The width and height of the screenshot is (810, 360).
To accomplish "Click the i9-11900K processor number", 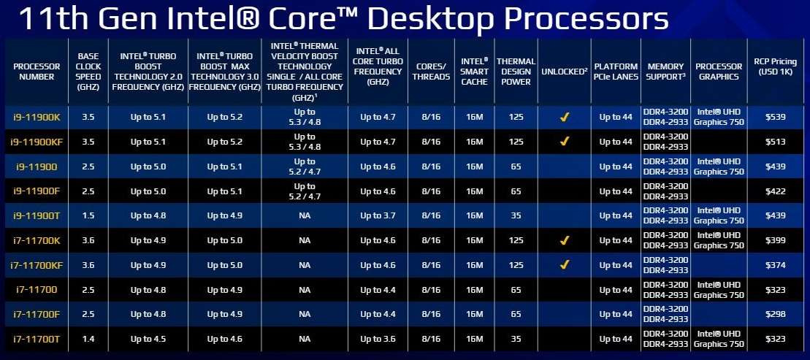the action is pyautogui.click(x=37, y=118).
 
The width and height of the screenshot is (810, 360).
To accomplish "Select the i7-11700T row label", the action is pyautogui.click(x=37, y=339).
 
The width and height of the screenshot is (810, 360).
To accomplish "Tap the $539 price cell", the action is pyautogui.click(x=776, y=118).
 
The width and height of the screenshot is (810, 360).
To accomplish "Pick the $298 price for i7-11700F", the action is pyautogui.click(x=776, y=314).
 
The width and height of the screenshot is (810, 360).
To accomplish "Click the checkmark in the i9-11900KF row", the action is pyautogui.click(x=564, y=142).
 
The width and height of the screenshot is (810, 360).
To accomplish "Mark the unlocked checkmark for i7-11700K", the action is pyautogui.click(x=564, y=240).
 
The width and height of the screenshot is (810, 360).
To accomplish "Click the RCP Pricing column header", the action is pyautogui.click(x=776, y=66).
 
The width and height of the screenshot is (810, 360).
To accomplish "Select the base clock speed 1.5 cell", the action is pyautogui.click(x=88, y=215).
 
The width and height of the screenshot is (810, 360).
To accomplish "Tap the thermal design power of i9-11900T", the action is pyautogui.click(x=516, y=215).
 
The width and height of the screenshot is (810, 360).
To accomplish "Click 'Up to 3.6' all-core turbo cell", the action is pyautogui.click(x=378, y=339).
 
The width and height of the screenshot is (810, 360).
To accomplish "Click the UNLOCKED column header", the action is pyautogui.click(x=564, y=72).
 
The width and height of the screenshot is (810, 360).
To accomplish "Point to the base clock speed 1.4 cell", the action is pyautogui.click(x=88, y=339).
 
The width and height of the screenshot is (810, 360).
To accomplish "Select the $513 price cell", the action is pyautogui.click(x=776, y=142).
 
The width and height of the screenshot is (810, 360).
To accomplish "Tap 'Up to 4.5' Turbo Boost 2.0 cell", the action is pyautogui.click(x=148, y=339).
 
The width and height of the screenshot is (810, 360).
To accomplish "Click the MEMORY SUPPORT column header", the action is pyautogui.click(x=665, y=72).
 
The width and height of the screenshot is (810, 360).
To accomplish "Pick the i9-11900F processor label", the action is pyautogui.click(x=37, y=191).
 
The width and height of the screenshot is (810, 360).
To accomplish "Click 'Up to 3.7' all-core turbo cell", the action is pyautogui.click(x=378, y=215).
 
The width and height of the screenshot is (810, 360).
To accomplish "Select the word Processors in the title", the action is pyautogui.click(x=587, y=20).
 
